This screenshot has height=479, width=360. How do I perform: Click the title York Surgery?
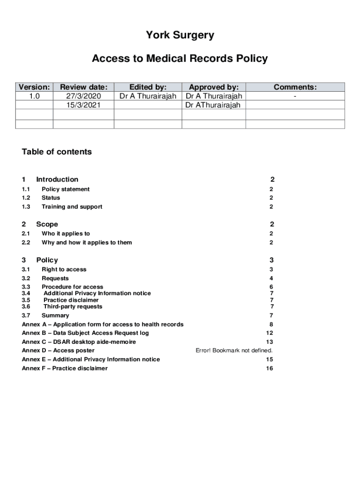[x=180, y=35]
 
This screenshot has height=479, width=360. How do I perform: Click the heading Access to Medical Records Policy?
[x=180, y=58]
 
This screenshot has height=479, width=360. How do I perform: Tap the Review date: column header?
[x=84, y=87]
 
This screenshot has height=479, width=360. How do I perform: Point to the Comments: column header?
[x=295, y=87]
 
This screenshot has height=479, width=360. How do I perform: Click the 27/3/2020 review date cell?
[x=84, y=96]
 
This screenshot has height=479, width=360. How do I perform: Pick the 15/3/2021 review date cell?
[x=84, y=105]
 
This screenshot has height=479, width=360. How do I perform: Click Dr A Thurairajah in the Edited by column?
[x=148, y=96]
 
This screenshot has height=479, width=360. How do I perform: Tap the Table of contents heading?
[x=57, y=152]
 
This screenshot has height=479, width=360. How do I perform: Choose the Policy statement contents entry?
[x=65, y=189]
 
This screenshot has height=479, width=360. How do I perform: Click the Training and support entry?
[x=72, y=207]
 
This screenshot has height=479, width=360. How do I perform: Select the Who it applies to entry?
[x=66, y=233]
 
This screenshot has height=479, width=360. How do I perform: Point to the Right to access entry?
[x=64, y=269]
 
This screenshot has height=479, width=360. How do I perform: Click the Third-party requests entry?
[x=73, y=307]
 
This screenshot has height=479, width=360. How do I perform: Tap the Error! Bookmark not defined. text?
[x=234, y=350]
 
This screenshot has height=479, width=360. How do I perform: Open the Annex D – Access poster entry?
[x=58, y=350]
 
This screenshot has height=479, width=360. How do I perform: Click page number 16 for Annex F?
[x=269, y=369]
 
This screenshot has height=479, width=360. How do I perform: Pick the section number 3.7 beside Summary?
[x=26, y=316]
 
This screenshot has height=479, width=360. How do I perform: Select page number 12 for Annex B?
[x=269, y=333]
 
